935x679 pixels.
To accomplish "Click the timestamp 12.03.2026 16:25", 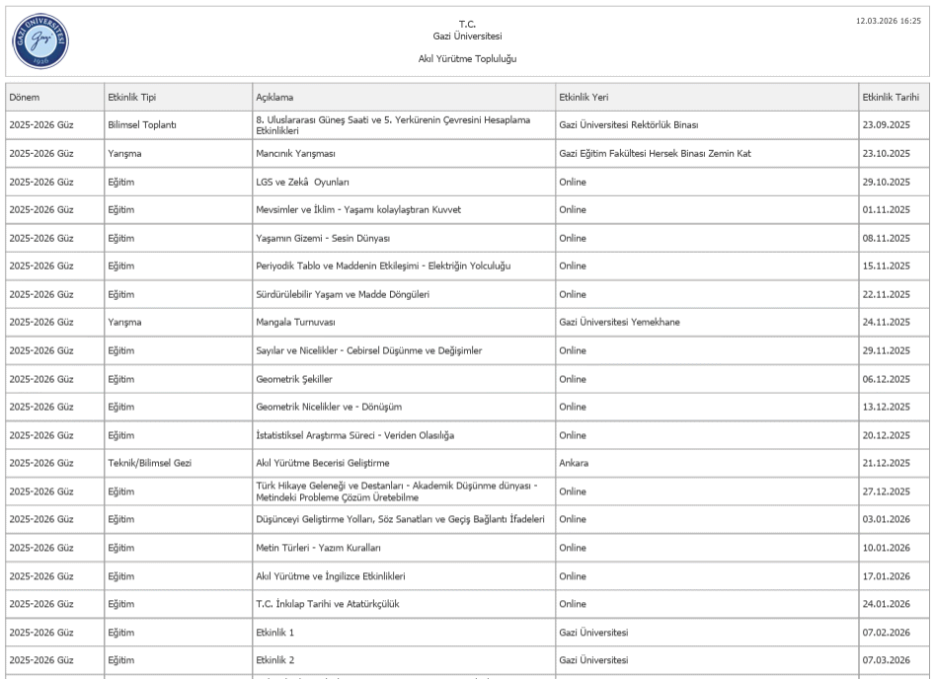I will (889, 20).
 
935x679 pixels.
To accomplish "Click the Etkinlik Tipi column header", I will (131, 97).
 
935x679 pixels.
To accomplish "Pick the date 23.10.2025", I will (886, 154).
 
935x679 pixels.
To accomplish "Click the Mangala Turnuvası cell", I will (296, 323).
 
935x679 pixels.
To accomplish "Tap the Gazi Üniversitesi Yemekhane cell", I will (619, 323).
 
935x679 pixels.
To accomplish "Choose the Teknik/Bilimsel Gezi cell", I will (149, 463).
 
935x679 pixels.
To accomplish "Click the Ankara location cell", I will (575, 463).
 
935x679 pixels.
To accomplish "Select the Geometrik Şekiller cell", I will (294, 379).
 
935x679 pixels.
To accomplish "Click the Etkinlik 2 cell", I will (275, 660).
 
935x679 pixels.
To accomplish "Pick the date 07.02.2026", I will (886, 632).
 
